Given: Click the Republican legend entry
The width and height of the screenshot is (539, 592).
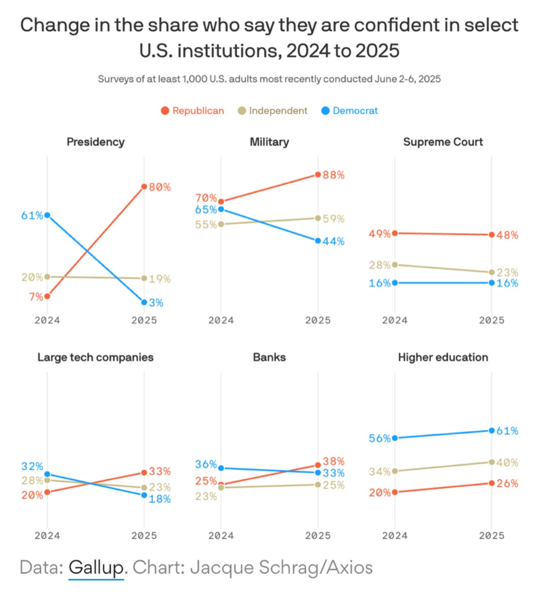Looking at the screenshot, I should pos(193,111).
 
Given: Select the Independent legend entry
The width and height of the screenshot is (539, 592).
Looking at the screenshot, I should pos(273,111).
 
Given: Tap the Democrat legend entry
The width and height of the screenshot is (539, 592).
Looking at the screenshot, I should pos(350,111).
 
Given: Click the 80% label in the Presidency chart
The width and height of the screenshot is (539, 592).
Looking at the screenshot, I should pos(160,187).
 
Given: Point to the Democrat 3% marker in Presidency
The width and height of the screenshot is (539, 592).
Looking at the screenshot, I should pos(144,302).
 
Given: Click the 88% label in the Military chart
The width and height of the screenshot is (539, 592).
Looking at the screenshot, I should pos(333,175).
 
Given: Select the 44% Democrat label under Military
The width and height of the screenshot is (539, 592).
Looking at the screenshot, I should pos(333,242).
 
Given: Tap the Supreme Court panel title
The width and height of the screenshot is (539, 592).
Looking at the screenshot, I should pos(443,142).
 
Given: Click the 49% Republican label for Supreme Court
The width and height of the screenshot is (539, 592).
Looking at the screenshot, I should pos(379,234).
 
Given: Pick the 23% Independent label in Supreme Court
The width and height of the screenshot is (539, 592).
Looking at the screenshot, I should pos(507,273).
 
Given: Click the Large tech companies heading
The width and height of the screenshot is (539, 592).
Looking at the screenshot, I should pos(95,357).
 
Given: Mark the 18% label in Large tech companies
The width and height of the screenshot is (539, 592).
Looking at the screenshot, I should pos(160,499).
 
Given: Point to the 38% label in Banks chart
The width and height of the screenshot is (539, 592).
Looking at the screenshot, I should pos(333,461).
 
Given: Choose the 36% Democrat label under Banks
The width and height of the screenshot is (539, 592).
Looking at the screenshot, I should pos(206,465).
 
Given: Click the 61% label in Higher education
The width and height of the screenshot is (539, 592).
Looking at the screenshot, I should pos(507,431).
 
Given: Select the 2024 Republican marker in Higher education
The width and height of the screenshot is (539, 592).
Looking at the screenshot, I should pos(395,492).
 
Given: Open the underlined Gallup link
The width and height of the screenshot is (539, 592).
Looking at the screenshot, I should pos(96,567).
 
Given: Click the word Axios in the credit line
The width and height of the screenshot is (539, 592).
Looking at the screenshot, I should pos(350,567).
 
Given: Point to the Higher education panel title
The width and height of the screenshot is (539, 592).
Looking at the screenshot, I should pos(443,357).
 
